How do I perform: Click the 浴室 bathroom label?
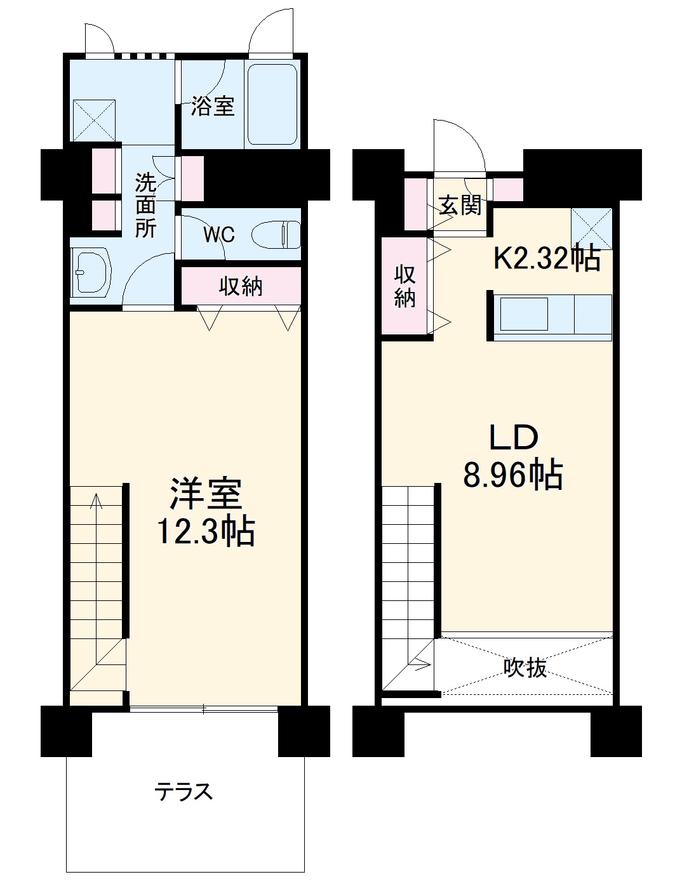click(x=213, y=106)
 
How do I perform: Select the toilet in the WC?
click(x=277, y=234)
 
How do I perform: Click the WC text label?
click(x=218, y=235)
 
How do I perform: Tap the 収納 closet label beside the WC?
click(x=241, y=286)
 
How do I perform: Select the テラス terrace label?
click(x=184, y=791)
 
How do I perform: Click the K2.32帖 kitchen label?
click(x=547, y=258)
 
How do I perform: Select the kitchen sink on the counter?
click(x=524, y=313)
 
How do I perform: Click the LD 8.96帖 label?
click(x=513, y=456)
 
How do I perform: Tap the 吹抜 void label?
click(x=525, y=667)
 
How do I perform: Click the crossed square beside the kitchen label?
click(x=591, y=228)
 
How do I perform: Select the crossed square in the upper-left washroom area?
click(x=94, y=120)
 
